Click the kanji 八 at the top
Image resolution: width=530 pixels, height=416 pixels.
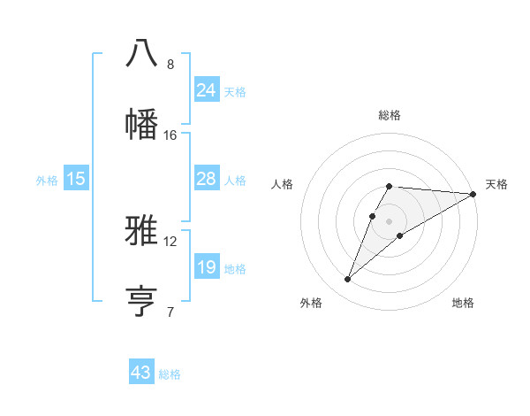pos(141,52)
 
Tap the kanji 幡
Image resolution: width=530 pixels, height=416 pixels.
pos(141,122)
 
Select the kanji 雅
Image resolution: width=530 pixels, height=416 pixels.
pos(141,231)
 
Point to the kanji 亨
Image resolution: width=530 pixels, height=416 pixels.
pos(141,301)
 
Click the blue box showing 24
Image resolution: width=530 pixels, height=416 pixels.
pos(206,90)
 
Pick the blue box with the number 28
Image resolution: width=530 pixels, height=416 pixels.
pos(206,179)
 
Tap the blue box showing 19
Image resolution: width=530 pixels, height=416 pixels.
pos(206,267)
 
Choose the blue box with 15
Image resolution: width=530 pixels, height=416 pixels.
pos(76,179)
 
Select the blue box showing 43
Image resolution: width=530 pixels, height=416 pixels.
pos(141,373)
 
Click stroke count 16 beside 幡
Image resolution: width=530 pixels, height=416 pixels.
pos(170,135)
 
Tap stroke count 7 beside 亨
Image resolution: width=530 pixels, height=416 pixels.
pos(170,312)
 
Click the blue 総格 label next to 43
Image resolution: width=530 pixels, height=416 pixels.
pos(170,374)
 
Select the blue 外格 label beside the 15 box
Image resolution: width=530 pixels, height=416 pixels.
pos(47,180)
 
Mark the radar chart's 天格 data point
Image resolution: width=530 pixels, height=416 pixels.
pos(473,194)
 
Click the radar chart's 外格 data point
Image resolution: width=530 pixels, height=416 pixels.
pos(348,280)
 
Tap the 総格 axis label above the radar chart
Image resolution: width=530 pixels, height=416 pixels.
pos(389,115)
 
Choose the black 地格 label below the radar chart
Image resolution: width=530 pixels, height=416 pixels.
pos(463,303)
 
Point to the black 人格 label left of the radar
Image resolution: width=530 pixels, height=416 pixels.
pos(283,184)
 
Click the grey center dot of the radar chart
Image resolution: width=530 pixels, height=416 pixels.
pos(389,220)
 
